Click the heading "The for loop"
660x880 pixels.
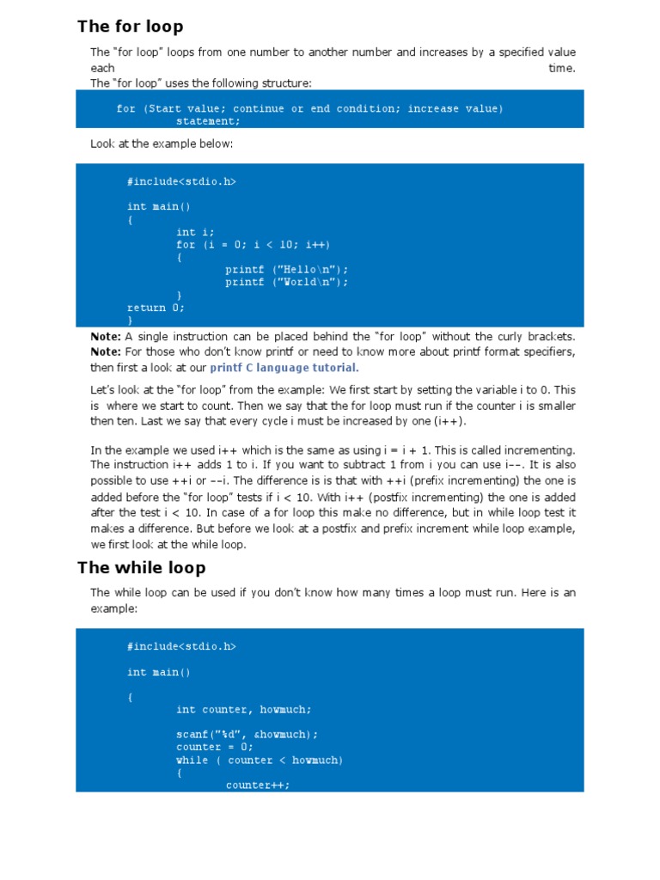pos(130,27)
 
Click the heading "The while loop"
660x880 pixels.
pos(141,567)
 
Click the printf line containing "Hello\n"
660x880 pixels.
pos(286,269)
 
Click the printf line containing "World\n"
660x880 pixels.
pos(286,282)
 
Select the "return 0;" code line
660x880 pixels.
pos(156,307)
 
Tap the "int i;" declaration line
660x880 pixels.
pos(195,232)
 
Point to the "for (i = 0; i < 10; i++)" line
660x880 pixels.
pos(253,244)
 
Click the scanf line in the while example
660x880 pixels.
pos(247,734)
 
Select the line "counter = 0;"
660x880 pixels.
pos(211,747)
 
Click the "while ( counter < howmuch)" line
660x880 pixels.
pos(259,760)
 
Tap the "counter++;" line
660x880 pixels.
pos(258,785)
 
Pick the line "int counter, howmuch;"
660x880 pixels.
pos(244,709)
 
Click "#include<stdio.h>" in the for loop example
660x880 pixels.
pos(181,181)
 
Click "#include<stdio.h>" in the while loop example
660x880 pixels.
pos(181,645)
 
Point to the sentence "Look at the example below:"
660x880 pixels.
pos(162,144)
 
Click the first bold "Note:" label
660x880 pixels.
pos(106,336)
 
